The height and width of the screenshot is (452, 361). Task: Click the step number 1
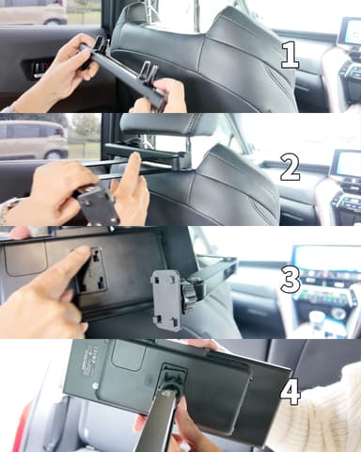coord(290,56)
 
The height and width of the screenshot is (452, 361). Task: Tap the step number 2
coord(290,168)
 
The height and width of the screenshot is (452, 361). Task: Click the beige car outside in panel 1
coord(33,12)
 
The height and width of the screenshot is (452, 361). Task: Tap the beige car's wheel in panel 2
coord(54,155)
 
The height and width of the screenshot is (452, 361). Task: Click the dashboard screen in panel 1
coord(350,32)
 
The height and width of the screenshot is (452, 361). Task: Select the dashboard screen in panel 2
coord(347,164)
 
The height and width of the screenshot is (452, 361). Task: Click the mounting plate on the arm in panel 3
coord(167,299)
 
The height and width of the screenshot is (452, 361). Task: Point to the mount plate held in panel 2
coord(99,207)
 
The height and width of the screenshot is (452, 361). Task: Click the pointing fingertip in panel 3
coord(83,252)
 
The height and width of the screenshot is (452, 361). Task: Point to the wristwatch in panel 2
coord(7,210)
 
